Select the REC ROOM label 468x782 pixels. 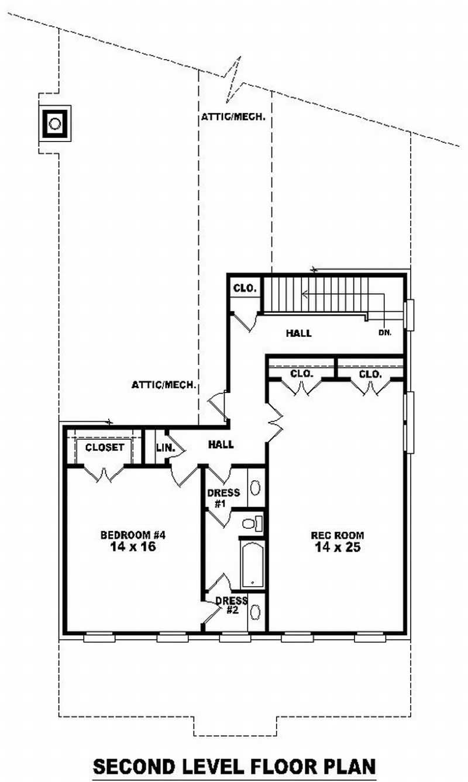[x=337, y=535]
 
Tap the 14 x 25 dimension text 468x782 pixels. [x=337, y=547]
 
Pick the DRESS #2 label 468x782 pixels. [x=231, y=605]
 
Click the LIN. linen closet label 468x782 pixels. [x=163, y=447]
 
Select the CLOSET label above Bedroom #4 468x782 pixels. [x=105, y=447]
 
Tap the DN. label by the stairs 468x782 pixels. [x=384, y=332]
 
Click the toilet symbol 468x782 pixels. [x=253, y=523]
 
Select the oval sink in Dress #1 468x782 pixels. [x=256, y=488]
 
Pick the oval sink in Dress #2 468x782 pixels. [x=256, y=612]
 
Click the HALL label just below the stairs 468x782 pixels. [x=298, y=333]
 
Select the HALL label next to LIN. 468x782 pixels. [x=221, y=445]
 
